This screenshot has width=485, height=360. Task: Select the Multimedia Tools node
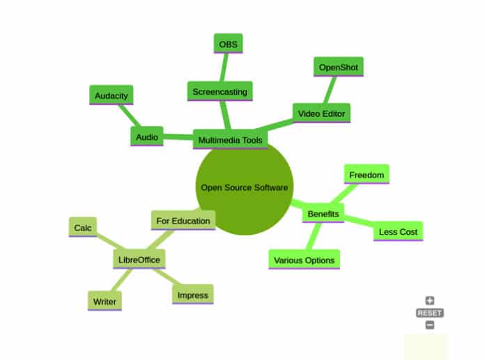click(x=230, y=139)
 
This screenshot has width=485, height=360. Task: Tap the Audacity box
click(x=111, y=95)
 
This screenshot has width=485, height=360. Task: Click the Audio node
click(x=147, y=136)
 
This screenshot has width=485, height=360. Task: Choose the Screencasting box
click(x=219, y=91)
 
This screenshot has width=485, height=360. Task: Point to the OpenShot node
click(x=338, y=68)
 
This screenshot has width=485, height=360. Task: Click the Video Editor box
click(x=321, y=113)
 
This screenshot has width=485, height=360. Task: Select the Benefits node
click(x=323, y=214)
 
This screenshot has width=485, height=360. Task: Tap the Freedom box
click(x=367, y=175)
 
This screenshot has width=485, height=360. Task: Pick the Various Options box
click(x=304, y=260)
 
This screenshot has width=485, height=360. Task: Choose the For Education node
click(x=183, y=221)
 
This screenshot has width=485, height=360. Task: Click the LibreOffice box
click(x=139, y=260)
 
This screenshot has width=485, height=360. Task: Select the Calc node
click(x=82, y=227)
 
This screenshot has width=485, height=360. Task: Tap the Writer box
click(x=105, y=302)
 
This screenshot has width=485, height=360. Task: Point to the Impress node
click(x=193, y=295)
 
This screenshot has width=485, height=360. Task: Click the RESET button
click(x=429, y=313)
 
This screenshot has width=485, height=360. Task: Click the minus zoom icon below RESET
click(x=429, y=324)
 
